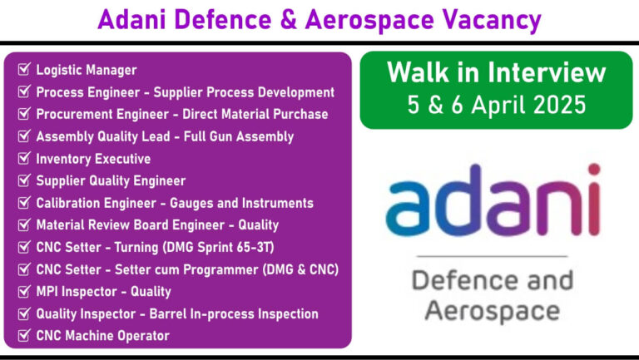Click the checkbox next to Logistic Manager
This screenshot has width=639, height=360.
pos(24,69)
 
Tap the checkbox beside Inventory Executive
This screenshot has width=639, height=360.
pos(24,158)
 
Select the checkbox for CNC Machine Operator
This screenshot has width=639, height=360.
pos(24,335)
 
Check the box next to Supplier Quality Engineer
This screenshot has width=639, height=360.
pos(24,180)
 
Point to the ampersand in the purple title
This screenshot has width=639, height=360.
pos(289,20)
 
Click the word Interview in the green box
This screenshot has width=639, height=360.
pos(547,72)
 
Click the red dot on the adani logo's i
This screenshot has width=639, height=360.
pos(594,169)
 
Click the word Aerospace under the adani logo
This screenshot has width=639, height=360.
pos(492,313)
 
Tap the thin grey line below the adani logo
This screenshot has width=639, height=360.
pos(493,257)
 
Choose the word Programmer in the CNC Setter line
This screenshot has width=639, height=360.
pos(220,269)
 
